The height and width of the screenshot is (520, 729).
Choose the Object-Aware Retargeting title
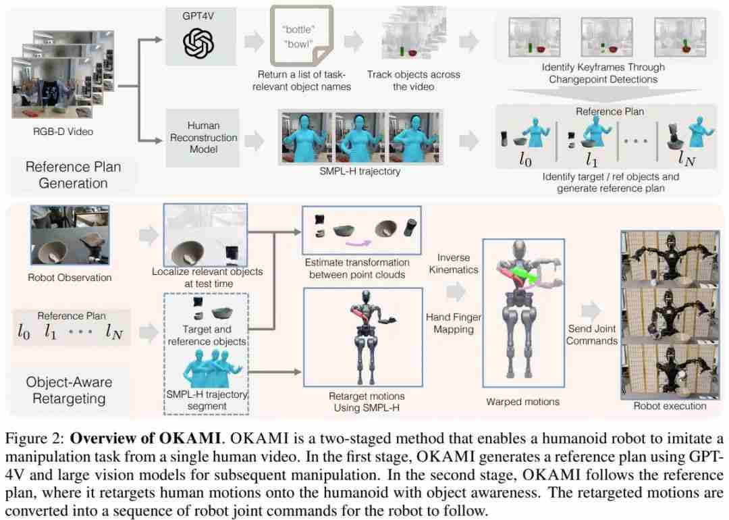coord(70,390)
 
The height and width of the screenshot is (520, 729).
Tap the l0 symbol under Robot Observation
coord(25,332)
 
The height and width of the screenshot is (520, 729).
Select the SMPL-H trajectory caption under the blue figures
coord(360,172)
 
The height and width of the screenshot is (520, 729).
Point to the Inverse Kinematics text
coord(458,264)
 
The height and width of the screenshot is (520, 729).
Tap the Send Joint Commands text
coord(591,334)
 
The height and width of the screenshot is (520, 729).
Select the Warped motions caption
coord(522,402)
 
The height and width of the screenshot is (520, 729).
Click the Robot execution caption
coord(670,406)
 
